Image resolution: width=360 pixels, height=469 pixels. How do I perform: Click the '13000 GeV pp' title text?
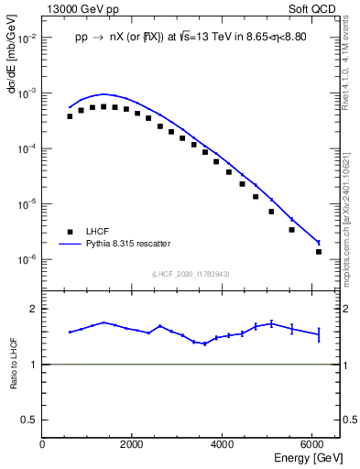[x=79, y=7]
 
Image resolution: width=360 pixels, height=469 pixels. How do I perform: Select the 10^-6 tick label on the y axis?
[x=27, y=259]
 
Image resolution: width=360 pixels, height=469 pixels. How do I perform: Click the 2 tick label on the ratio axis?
[x=35, y=309]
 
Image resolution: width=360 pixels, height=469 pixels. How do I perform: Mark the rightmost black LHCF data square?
[x=319, y=251]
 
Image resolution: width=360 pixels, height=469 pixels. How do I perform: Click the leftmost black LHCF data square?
[x=70, y=116]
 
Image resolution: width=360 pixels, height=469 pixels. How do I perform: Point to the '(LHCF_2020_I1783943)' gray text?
[x=190, y=274]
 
